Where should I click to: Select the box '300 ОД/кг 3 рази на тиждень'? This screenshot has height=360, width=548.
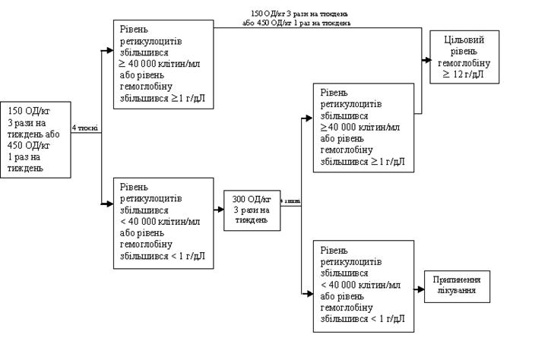click(x=251, y=209)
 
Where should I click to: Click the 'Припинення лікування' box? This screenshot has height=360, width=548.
click(x=458, y=287)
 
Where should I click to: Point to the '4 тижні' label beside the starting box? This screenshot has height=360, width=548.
click(x=84, y=128)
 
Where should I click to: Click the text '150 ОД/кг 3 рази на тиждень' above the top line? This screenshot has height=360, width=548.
click(x=301, y=14)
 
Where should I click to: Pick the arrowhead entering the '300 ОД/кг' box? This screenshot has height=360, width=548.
click(x=220, y=204)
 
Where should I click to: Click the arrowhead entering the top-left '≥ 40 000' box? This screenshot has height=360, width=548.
click(x=109, y=50)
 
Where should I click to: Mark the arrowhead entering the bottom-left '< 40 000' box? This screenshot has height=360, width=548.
click(x=109, y=203)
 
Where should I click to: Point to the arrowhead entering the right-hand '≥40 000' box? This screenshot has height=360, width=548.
click(x=308, y=118)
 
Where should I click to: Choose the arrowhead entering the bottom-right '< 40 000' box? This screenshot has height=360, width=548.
click(x=308, y=294)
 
